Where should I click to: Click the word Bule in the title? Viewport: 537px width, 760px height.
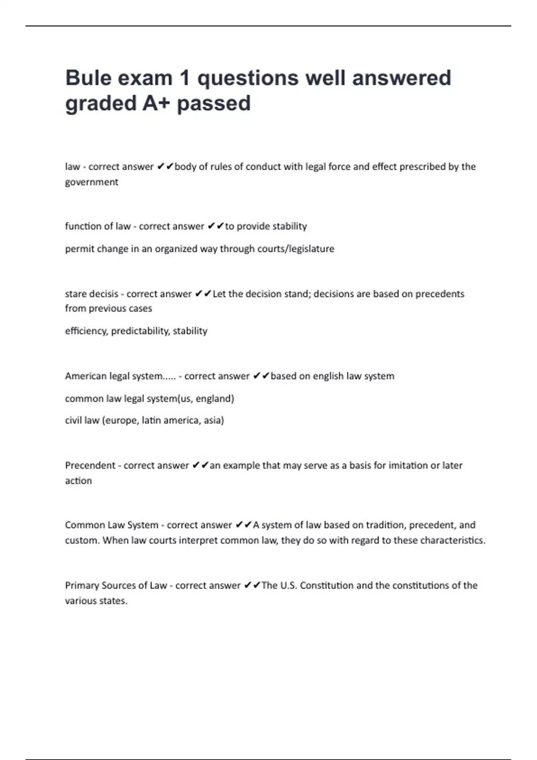[x=89, y=78]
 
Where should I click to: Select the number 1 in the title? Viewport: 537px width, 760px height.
[x=184, y=78]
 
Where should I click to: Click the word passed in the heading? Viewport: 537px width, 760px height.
[x=213, y=103]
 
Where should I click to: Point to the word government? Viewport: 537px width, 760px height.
[x=92, y=182]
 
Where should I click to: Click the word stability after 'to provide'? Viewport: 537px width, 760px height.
[x=290, y=226]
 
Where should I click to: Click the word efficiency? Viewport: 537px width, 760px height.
[x=86, y=331]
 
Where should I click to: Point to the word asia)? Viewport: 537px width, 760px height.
[x=213, y=420]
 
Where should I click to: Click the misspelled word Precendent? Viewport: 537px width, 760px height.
[x=90, y=465]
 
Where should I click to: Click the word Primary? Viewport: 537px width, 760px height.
[x=82, y=585]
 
